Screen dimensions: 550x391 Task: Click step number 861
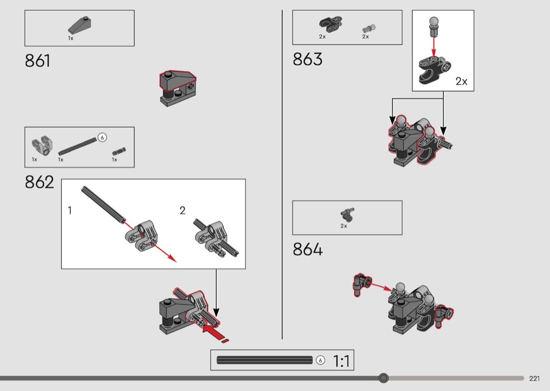37,61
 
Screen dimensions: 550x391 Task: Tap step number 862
39,182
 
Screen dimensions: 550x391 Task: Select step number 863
307,59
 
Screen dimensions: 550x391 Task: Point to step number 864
307,249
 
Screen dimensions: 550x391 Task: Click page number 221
534,378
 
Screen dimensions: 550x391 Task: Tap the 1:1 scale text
341,361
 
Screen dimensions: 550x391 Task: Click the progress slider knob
383,378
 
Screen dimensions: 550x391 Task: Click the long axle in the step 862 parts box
78,146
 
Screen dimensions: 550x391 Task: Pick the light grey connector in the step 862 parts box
42,145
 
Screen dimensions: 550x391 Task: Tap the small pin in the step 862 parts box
119,151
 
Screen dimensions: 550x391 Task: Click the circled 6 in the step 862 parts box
102,137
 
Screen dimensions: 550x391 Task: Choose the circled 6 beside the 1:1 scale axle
320,360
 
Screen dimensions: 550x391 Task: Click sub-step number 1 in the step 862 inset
70,210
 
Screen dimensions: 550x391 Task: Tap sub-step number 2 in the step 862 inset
182,210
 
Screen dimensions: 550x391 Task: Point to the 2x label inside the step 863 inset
461,81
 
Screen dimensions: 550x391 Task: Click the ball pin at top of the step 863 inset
434,26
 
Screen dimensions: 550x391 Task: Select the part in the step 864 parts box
347,214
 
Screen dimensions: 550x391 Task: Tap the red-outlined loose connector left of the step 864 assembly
362,285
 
